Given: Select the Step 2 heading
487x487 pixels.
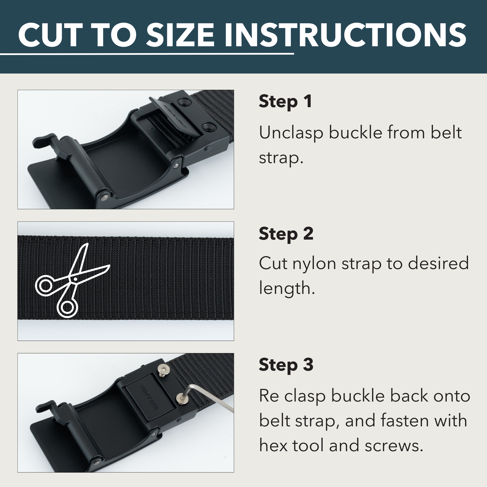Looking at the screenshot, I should (x=286, y=234).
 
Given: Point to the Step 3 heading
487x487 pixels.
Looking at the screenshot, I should (x=286, y=365).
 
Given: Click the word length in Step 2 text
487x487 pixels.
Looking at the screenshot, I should (x=287, y=288).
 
